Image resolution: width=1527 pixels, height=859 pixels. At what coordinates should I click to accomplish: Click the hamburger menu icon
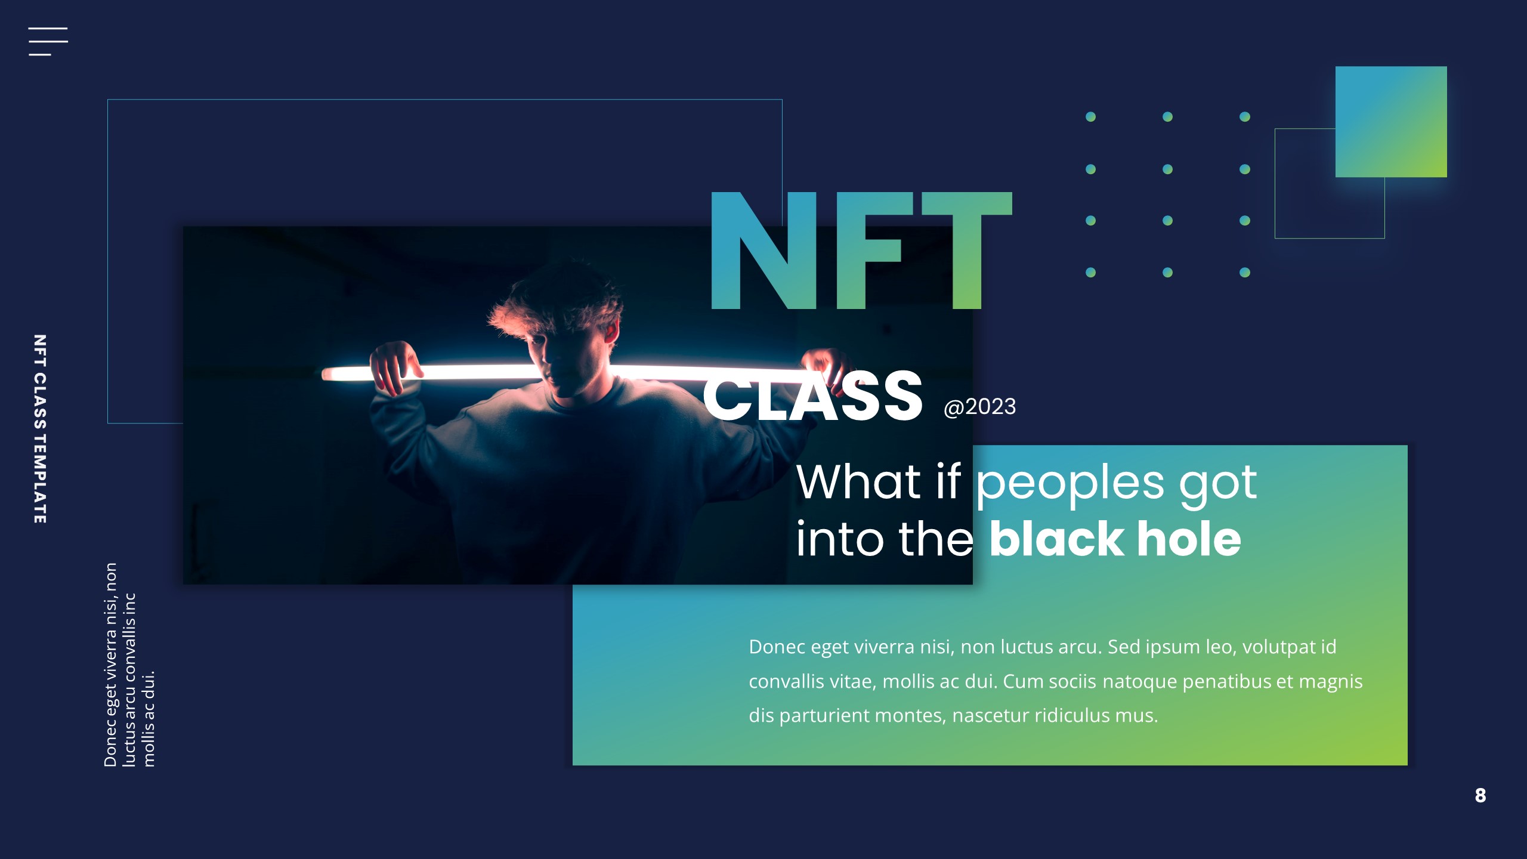(x=48, y=41)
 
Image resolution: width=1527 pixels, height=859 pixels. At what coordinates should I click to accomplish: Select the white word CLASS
(x=812, y=395)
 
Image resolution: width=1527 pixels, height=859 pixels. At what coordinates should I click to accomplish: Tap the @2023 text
(x=979, y=407)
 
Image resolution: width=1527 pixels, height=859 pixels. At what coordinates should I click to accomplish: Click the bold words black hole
(x=1115, y=539)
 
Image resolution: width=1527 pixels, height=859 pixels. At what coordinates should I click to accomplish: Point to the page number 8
(x=1480, y=795)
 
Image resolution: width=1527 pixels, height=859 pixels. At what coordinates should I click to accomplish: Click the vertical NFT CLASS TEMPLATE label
(x=40, y=429)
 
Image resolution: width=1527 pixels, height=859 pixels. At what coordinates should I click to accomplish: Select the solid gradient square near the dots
(x=1390, y=122)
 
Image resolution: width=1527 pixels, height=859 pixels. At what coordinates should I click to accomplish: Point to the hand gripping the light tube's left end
(x=394, y=367)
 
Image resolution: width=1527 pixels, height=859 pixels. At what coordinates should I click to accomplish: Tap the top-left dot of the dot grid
(x=1090, y=117)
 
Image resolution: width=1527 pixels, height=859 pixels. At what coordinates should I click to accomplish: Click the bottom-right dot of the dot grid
(x=1244, y=273)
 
